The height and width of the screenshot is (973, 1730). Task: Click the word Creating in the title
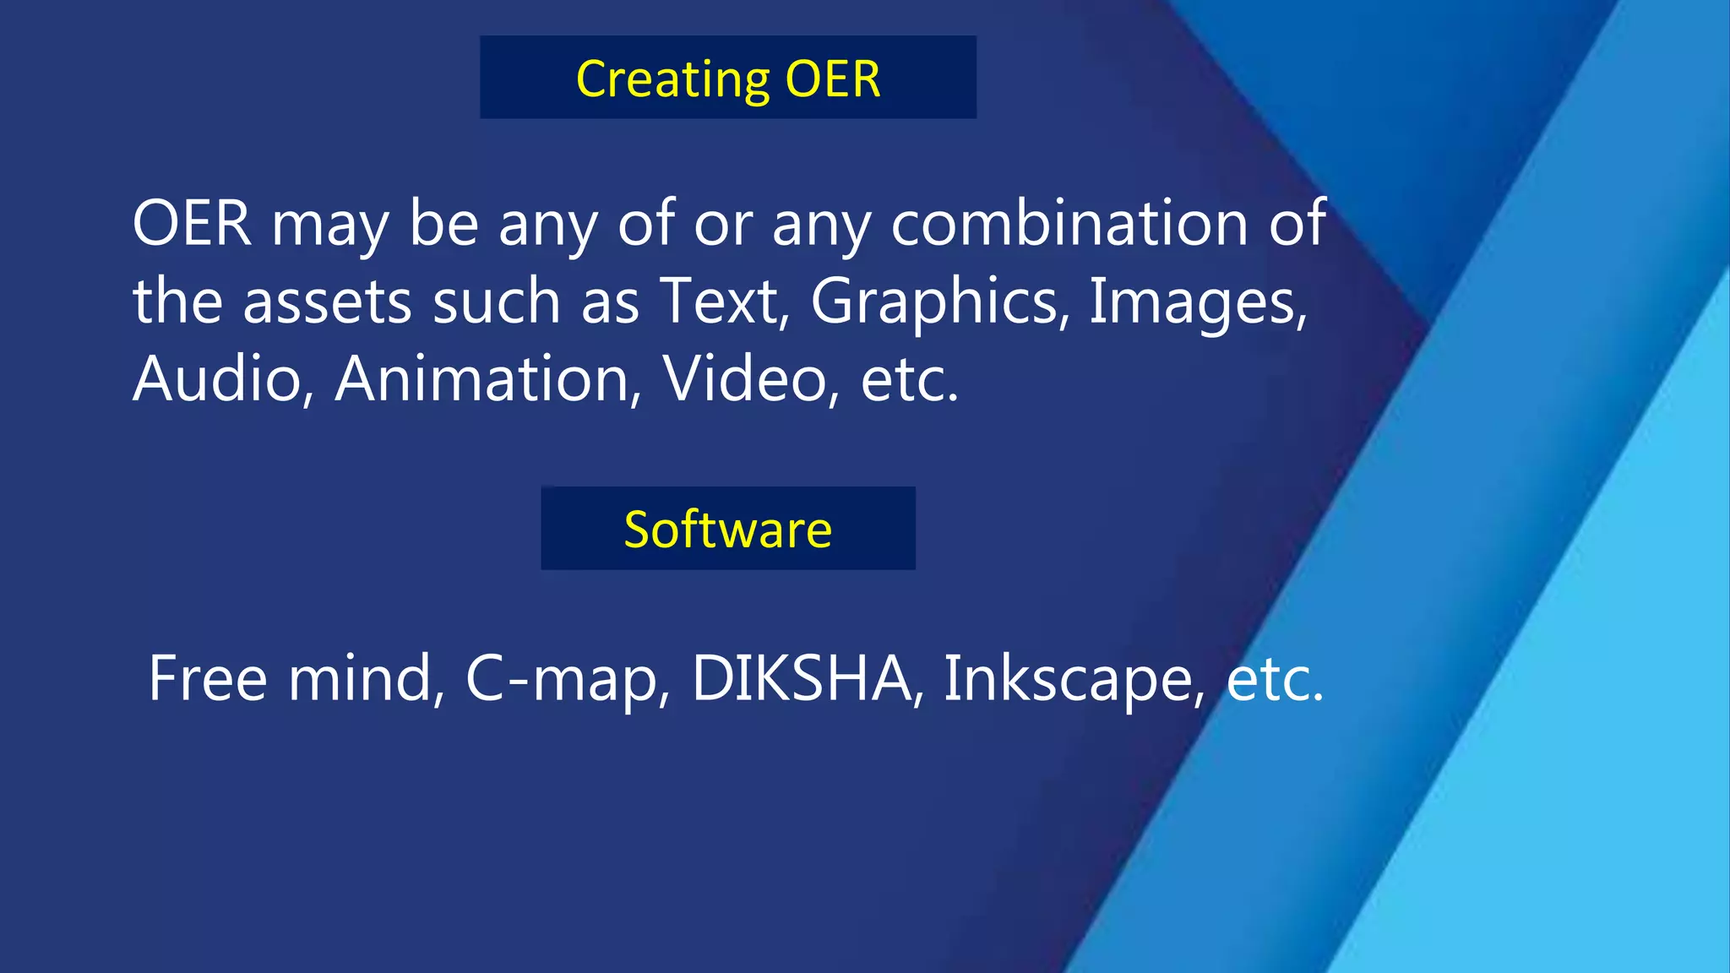672,79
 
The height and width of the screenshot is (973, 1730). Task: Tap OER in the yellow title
833,79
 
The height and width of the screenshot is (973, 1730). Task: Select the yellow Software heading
728,530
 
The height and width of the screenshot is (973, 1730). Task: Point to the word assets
328,302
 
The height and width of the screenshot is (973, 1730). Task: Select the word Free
208,678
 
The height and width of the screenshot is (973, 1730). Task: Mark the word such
496,302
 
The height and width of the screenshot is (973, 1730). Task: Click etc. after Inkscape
1274,680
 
